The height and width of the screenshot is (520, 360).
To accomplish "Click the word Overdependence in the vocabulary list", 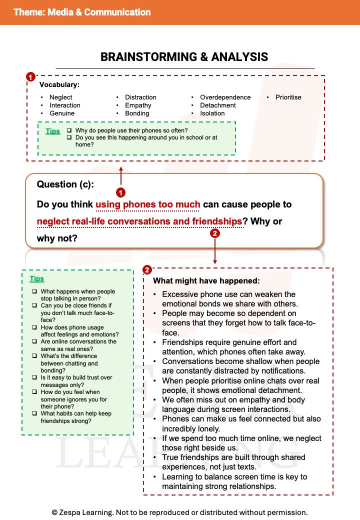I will point(225,97).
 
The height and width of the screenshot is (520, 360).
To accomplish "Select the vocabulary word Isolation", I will point(212,113).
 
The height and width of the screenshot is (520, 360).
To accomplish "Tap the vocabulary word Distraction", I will point(140,97).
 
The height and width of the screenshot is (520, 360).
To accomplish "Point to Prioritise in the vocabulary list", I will point(288,97).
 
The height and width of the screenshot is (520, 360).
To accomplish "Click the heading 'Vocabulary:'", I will point(59,85).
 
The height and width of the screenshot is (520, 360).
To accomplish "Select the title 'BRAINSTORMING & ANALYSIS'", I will point(184,57).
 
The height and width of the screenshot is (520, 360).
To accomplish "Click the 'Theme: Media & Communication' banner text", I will point(82,12).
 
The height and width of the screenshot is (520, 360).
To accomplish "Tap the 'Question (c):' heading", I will point(65,184).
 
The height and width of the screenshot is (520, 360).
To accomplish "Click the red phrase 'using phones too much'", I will point(147,204).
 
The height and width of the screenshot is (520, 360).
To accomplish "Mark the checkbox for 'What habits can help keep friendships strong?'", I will point(34,413).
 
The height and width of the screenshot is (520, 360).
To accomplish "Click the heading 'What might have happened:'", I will point(206,281).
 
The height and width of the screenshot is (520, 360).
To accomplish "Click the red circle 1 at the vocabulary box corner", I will point(30,77).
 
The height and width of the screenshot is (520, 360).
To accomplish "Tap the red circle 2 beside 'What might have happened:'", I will point(147,270).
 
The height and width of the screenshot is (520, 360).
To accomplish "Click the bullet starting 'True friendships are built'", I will point(233,462).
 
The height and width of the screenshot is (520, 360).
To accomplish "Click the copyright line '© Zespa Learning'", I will point(179,512).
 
